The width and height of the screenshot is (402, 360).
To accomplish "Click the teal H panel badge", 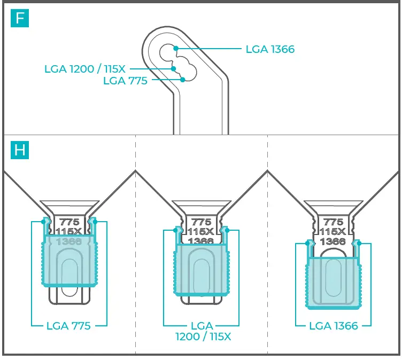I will [x=20, y=150].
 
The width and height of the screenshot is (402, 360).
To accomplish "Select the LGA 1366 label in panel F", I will [x=270, y=50].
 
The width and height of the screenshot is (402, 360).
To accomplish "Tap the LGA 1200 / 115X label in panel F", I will [x=86, y=69].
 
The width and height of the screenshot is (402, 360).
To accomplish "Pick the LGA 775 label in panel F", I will [x=125, y=81].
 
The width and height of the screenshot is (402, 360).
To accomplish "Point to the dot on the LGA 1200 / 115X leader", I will [x=173, y=68].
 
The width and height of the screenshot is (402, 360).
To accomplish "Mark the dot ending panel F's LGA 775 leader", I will [x=183, y=80].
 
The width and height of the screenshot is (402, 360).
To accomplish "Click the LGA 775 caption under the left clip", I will [x=68, y=325].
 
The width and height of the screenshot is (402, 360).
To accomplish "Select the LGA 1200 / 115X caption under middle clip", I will [x=202, y=331].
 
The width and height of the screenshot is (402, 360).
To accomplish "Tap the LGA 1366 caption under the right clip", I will [x=334, y=325].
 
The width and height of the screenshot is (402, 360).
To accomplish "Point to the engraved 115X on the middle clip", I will [x=202, y=231].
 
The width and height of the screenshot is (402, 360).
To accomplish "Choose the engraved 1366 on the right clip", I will [x=334, y=241].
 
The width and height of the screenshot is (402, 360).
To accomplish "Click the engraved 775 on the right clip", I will [x=334, y=222].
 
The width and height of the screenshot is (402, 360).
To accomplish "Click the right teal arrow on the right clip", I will [x=358, y=244].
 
